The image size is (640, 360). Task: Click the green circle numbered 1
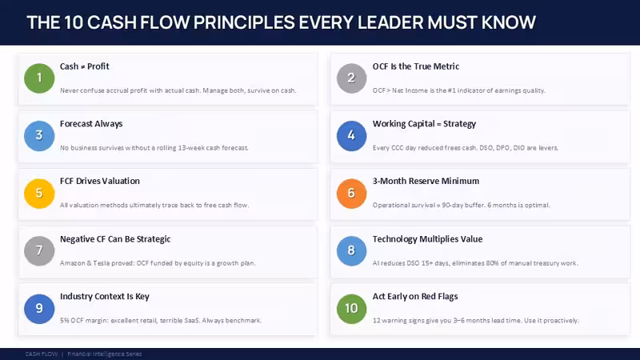pyautogui.click(x=39, y=78)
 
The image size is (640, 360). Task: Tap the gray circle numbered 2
pyautogui.click(x=351, y=78)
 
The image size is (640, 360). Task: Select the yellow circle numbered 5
pyautogui.click(x=39, y=193)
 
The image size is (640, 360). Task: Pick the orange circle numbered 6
pyautogui.click(x=351, y=193)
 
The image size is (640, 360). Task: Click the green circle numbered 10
pyautogui.click(x=351, y=309)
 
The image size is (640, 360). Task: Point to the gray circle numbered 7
pyautogui.click(x=39, y=250)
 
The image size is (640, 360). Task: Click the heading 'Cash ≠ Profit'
pyautogui.click(x=85, y=66)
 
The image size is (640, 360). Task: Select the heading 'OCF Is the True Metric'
pyautogui.click(x=415, y=66)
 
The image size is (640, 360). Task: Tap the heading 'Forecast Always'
pyautogui.click(x=91, y=124)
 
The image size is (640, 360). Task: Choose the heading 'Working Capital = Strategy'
pyautogui.click(x=424, y=124)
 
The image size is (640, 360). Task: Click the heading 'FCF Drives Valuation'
pyautogui.click(x=99, y=182)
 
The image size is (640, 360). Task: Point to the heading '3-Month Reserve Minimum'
pyautogui.click(x=426, y=182)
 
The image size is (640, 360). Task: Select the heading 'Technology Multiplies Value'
pyautogui.click(x=427, y=239)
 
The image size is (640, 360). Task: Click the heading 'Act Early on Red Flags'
pyautogui.click(x=415, y=297)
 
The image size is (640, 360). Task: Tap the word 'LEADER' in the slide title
pyautogui.click(x=390, y=22)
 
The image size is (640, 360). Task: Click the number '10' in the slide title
pyautogui.click(x=74, y=22)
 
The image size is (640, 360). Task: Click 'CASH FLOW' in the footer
pyautogui.click(x=42, y=354)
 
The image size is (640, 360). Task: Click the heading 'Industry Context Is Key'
pyautogui.click(x=105, y=297)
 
